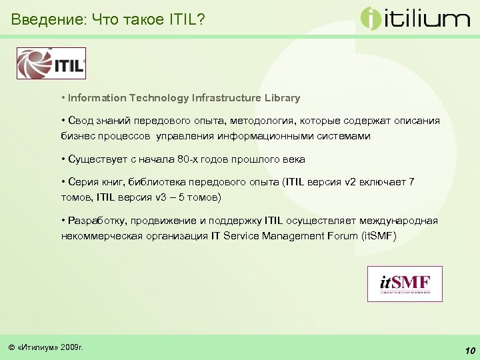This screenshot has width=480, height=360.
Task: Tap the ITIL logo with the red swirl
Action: pos(51,64)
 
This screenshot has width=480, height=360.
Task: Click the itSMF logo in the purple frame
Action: pos(405,284)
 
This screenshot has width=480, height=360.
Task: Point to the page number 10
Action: pos(469,351)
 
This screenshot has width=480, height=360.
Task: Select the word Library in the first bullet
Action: pos(281,98)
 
